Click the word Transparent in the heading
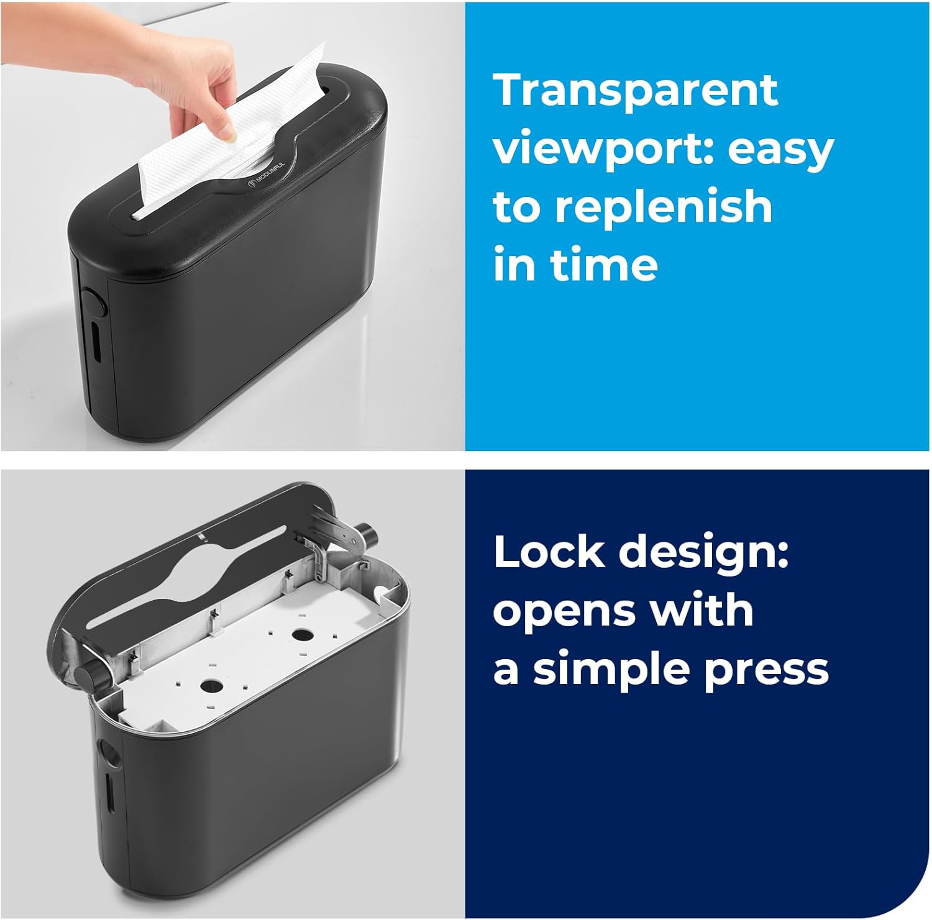[x=636, y=91]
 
